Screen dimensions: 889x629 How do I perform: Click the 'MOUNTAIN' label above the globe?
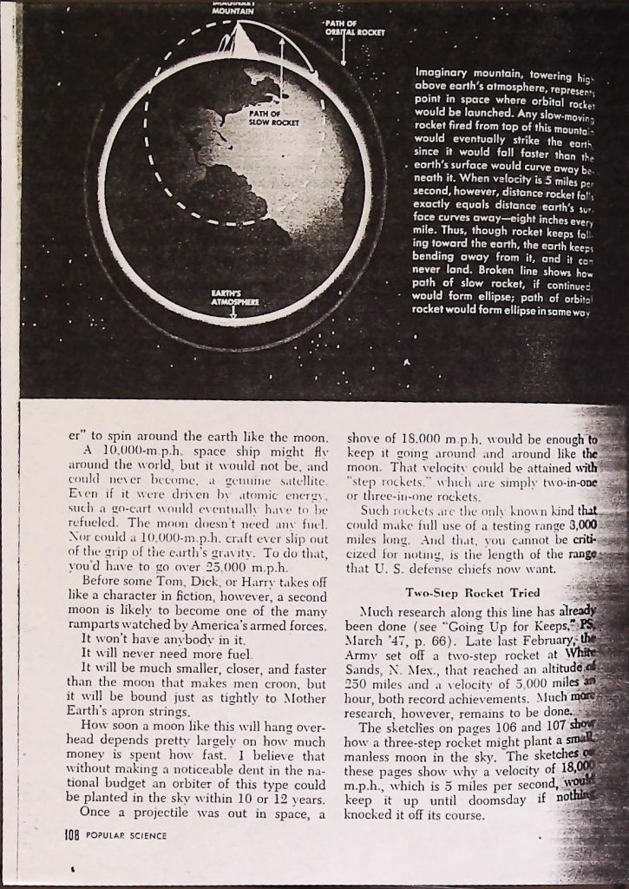(232, 11)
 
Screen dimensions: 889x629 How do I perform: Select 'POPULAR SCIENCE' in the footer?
(127, 836)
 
